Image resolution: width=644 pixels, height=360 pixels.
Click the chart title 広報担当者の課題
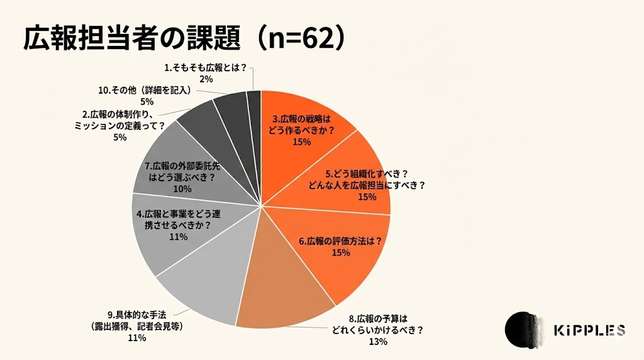[x=133, y=39]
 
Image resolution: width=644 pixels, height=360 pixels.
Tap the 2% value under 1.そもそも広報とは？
[x=206, y=79]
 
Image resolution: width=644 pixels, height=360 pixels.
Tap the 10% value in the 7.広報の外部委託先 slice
[x=182, y=189]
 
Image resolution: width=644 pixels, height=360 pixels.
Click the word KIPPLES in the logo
[x=589, y=330]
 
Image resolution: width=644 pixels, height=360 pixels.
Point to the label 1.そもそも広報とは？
[x=206, y=67]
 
